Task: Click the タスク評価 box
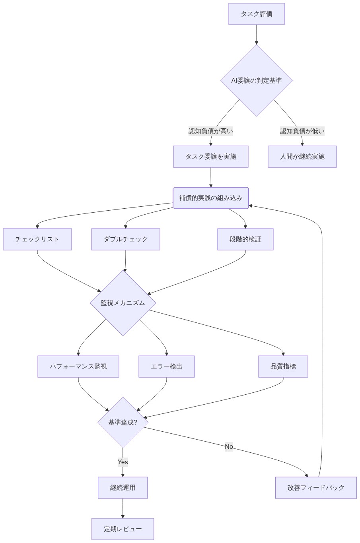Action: (256, 14)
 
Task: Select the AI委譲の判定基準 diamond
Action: (257, 80)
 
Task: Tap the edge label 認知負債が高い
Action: (210, 131)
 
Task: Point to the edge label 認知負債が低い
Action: (302, 131)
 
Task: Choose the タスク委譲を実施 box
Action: (210, 157)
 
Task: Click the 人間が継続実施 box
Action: (302, 157)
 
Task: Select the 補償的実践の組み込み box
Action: (210, 198)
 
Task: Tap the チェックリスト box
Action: (37, 239)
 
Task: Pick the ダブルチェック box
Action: (125, 239)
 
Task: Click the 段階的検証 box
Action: (245, 239)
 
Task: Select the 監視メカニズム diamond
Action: (123, 303)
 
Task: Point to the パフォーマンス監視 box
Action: (78, 367)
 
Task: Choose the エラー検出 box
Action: (166, 367)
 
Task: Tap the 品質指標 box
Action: (283, 367)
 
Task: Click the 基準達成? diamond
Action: (123, 422)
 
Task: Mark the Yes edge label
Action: (123, 462)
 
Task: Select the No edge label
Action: (229, 447)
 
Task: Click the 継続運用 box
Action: (123, 488)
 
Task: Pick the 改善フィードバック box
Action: (316, 488)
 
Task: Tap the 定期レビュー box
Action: (123, 529)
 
